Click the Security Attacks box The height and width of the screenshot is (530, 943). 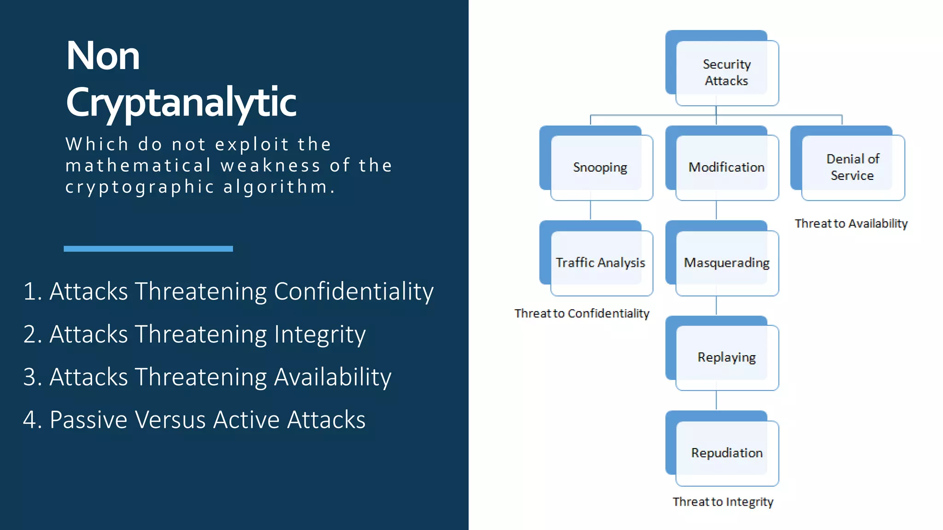tap(726, 72)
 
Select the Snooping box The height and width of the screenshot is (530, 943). tap(600, 167)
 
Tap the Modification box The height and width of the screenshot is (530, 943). tap(726, 167)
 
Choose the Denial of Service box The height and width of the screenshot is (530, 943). tap(852, 167)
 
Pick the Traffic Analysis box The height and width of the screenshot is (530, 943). tap(600, 262)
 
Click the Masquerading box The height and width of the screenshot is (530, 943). tap(726, 262)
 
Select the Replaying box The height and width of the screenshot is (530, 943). tap(726, 357)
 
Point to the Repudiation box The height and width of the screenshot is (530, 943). tap(726, 453)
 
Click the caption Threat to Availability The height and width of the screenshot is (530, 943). tap(851, 224)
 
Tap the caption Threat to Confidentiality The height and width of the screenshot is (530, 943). tap(582, 313)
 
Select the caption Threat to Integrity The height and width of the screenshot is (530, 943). tap(722, 502)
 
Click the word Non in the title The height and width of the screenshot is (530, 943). tap(103, 56)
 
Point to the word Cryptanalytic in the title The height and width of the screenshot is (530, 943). tap(181, 102)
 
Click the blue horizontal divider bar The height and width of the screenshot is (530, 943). tap(148, 249)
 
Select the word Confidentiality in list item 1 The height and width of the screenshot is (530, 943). tap(353, 292)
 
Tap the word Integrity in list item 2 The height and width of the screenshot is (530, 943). tap(320, 334)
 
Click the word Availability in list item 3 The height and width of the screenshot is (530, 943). tap(332, 377)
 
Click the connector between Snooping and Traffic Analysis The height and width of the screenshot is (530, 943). tap(590, 210)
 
